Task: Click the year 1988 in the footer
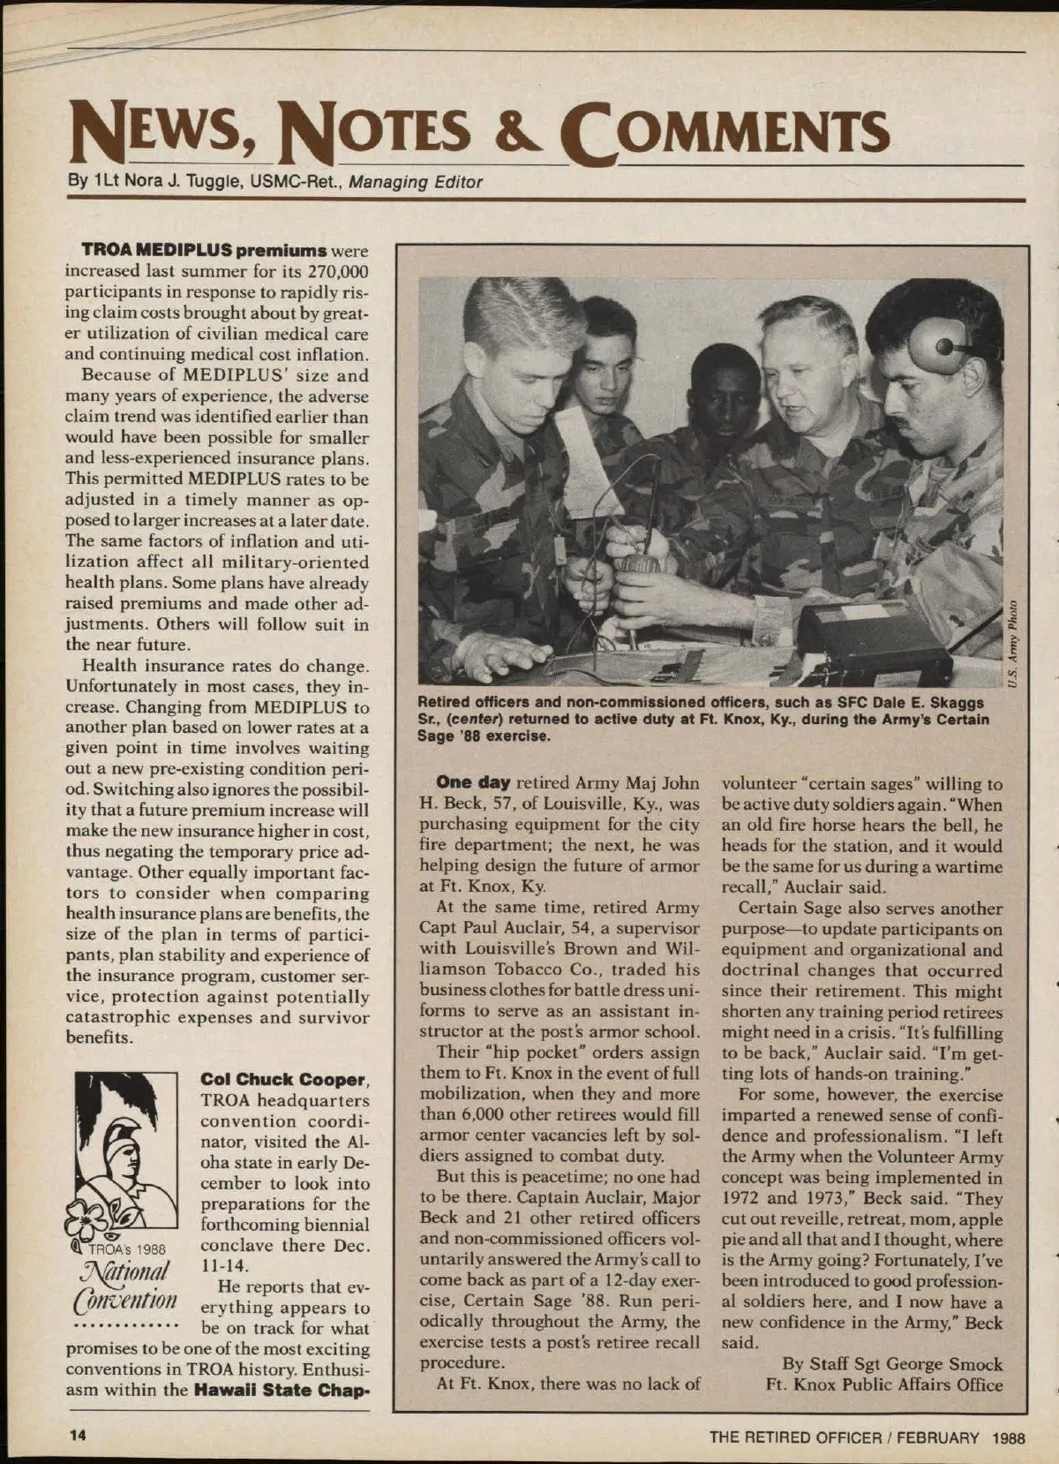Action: point(1008,1437)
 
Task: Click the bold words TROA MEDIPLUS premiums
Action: point(205,251)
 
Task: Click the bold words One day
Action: point(473,782)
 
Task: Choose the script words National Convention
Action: point(126,1285)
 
